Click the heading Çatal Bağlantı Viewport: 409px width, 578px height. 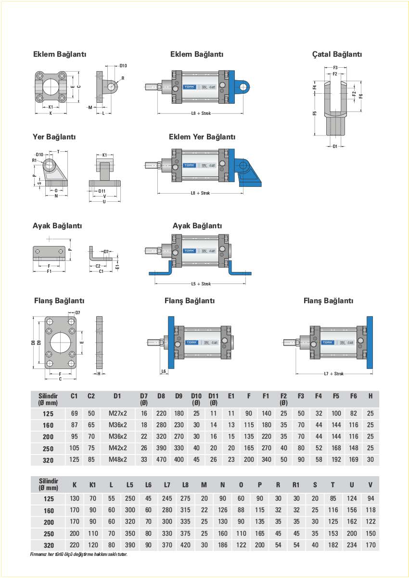(x=337, y=54)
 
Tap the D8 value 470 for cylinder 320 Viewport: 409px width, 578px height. (x=161, y=459)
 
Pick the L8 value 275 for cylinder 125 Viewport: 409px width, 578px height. (x=185, y=499)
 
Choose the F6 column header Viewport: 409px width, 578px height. (x=354, y=396)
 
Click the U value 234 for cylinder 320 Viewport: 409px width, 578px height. (x=352, y=545)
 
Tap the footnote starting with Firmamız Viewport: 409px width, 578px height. (x=79, y=554)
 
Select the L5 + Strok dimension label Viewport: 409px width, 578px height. (x=201, y=284)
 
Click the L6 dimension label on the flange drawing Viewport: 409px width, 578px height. (x=164, y=371)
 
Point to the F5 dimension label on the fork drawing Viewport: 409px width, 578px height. (x=314, y=113)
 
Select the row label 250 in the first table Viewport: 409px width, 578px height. (x=48, y=448)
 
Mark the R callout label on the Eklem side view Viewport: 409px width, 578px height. (x=123, y=78)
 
